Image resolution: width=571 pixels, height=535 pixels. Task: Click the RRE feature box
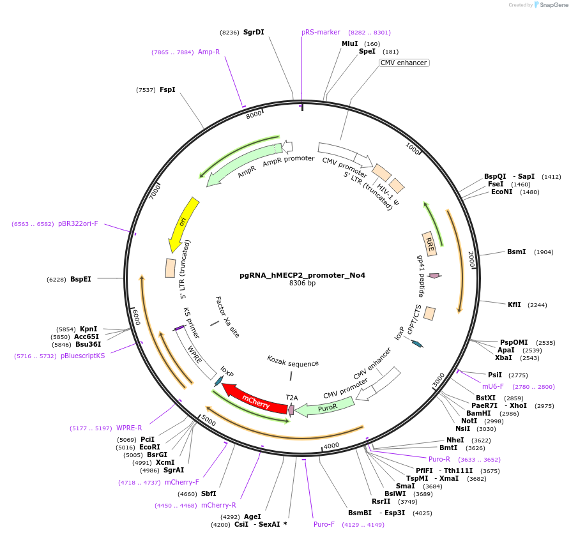click(x=430, y=244)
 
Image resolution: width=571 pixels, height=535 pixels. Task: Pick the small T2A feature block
click(x=291, y=409)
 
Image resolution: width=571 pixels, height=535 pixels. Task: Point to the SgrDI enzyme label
click(x=254, y=32)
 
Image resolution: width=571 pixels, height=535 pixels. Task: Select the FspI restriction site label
click(x=167, y=90)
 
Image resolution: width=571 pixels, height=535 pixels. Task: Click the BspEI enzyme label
click(x=80, y=279)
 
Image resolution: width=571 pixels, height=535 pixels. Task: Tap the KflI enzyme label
click(x=514, y=305)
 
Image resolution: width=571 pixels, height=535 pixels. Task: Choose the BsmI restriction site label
click(x=516, y=252)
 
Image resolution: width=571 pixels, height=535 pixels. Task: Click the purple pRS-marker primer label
click(x=321, y=32)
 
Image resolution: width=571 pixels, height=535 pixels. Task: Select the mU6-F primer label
click(x=493, y=386)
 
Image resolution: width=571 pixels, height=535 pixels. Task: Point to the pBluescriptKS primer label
click(x=83, y=356)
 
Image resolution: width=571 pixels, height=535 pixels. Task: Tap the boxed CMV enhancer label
click(x=404, y=63)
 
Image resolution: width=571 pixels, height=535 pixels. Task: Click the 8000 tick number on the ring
click(x=254, y=114)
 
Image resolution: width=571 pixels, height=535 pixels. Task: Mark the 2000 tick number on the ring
click(x=471, y=260)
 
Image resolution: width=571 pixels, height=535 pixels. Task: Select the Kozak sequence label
click(x=293, y=363)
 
